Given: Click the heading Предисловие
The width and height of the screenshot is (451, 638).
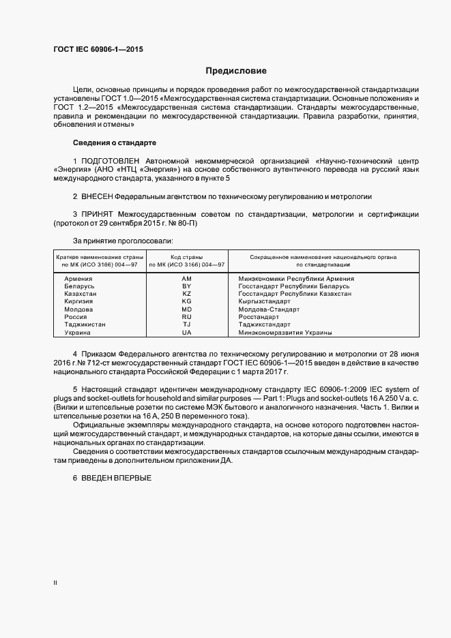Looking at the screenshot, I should coord(236,71).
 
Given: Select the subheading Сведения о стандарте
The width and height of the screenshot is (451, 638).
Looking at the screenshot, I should coord(114,142).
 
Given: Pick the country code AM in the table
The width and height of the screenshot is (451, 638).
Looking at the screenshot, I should coord(187,279).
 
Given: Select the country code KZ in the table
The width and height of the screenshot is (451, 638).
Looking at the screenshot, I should coord(187,294).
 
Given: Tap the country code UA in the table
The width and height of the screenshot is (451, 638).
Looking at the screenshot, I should coord(187,332).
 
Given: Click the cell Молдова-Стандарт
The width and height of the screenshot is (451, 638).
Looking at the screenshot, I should coord(270,309).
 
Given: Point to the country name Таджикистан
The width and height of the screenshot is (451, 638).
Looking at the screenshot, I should coord(85,324).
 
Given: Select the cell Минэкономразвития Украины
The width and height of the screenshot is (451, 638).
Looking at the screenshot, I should coord(285,332).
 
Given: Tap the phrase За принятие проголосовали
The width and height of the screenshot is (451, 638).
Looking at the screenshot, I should coord(123,241).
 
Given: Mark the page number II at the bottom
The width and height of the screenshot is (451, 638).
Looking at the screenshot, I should coord(55,583).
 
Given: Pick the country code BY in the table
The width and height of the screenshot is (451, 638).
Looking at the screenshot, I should coord(187,286).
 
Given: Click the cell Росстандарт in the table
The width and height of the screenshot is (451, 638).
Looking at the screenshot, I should coord(259,317).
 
